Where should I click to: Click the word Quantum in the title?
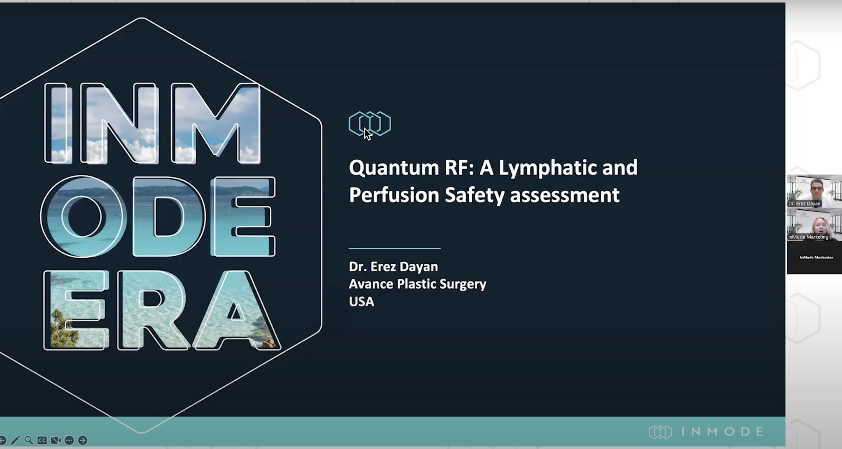(394, 168)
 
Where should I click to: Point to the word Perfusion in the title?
(394, 195)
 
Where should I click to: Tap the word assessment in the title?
(565, 195)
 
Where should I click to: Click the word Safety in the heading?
(474, 195)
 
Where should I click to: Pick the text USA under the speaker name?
(361, 302)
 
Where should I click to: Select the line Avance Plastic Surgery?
(417, 284)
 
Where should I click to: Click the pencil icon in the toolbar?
(15, 440)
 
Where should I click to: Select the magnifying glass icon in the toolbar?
(29, 440)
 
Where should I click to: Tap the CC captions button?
(42, 440)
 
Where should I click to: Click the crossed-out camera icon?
(56, 440)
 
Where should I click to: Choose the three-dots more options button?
(69, 440)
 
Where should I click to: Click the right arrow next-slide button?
(83, 440)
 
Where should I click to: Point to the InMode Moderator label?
(816, 257)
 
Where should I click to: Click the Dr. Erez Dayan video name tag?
(804, 204)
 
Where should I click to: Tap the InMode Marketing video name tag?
(808, 237)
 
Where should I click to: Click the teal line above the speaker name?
(394, 248)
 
